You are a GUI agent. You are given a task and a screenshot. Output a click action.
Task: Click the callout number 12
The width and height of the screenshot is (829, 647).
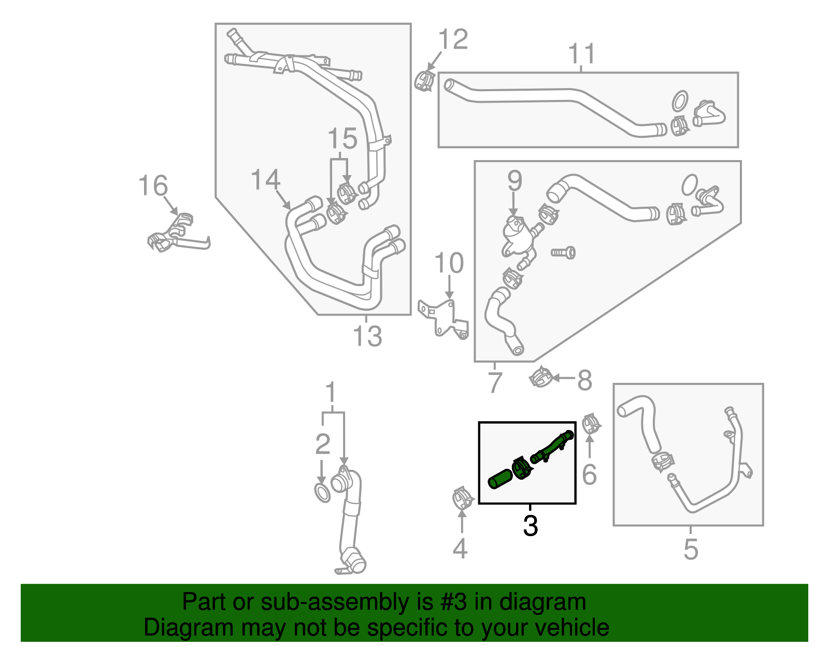(453, 39)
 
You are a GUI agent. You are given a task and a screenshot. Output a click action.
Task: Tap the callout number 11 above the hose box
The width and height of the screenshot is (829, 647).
(581, 54)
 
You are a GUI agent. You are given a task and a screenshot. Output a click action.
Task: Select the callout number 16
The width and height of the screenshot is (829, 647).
(153, 186)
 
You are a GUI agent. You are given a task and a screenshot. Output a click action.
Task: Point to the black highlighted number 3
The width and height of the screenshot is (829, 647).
(530, 526)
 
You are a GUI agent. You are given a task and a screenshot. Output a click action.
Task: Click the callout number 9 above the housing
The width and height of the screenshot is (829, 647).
(514, 181)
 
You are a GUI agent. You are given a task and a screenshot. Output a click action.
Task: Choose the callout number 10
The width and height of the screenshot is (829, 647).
(449, 263)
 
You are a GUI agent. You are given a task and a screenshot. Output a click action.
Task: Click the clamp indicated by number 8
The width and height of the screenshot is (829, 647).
(540, 378)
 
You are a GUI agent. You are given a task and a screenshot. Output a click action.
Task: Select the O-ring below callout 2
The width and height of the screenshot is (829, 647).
(322, 493)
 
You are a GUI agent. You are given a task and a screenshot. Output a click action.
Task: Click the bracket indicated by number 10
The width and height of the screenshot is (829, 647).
(445, 318)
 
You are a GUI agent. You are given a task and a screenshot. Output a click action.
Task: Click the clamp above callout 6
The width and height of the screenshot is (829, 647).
(590, 425)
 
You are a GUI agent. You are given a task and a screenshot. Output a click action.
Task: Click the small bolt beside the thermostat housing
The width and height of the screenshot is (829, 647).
(564, 253)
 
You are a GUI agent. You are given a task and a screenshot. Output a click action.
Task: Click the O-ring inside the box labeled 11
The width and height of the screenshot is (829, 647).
(680, 102)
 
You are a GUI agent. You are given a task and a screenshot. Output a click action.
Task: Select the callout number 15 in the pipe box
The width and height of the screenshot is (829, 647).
(342, 139)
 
